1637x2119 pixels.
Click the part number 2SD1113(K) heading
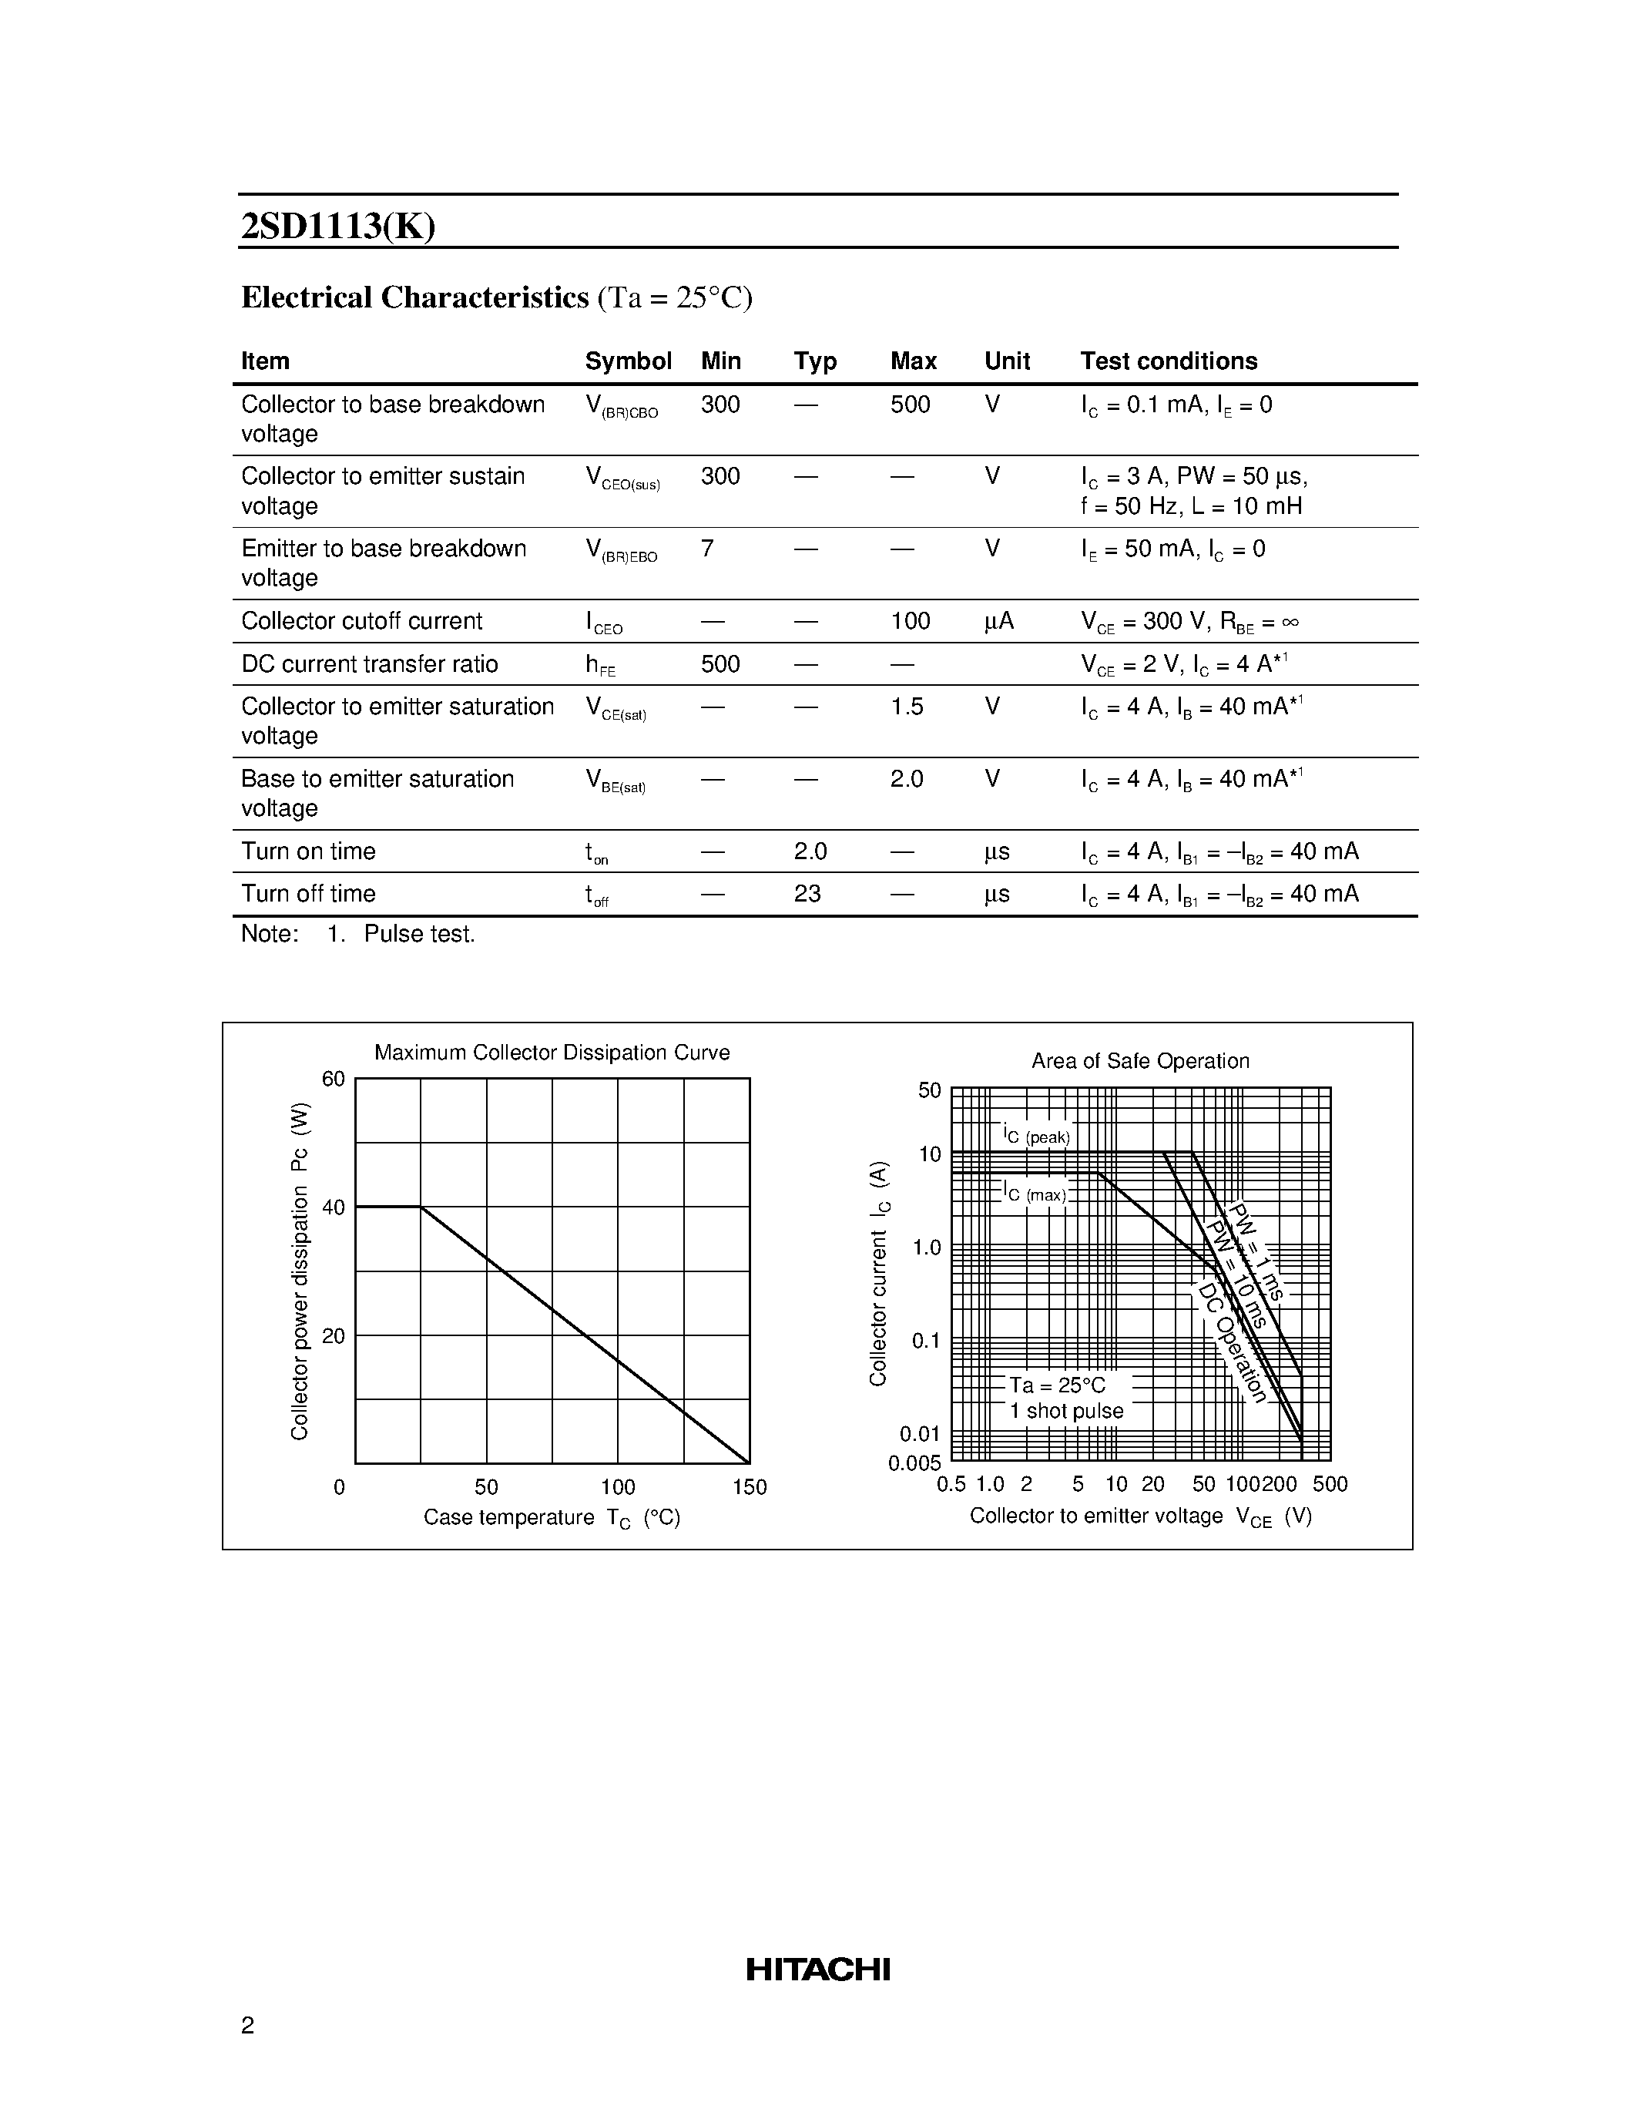[337, 226]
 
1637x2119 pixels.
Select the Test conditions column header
[1169, 361]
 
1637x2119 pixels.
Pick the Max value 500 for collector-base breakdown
[910, 405]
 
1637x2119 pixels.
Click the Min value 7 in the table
[707, 549]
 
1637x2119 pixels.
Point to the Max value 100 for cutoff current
[910, 621]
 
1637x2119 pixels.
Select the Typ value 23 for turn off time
[807, 894]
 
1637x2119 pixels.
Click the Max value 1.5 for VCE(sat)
[907, 707]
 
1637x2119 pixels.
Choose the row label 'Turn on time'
[308, 851]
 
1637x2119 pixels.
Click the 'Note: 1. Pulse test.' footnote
[358, 935]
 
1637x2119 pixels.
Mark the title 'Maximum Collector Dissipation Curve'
[552, 1053]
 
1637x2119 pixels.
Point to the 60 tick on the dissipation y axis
[333, 1079]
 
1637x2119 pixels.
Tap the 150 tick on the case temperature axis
[750, 1487]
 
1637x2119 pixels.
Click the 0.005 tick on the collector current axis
[914, 1463]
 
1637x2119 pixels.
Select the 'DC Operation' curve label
[1232, 1343]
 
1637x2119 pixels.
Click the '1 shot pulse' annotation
[1066, 1412]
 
